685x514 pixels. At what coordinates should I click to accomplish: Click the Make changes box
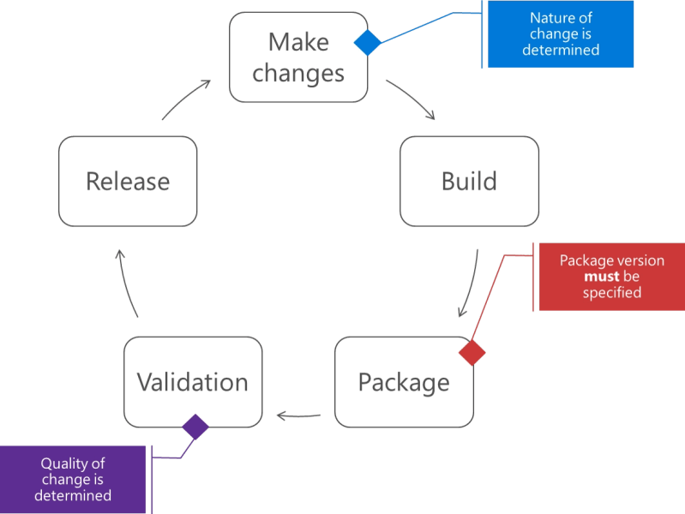click(298, 57)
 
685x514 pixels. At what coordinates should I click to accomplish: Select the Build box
click(469, 182)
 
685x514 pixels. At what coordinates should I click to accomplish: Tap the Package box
click(404, 382)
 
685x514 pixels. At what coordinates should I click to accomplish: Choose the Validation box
click(193, 382)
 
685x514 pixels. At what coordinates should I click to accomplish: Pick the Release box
click(128, 182)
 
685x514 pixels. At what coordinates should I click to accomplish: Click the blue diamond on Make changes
click(367, 42)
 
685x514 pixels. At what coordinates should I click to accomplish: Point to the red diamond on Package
click(472, 352)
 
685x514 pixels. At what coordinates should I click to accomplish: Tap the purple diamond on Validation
click(195, 427)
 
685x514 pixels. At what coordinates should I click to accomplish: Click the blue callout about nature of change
click(561, 34)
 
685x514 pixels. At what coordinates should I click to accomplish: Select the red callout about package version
click(611, 277)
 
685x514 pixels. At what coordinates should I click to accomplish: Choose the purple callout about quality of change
click(73, 480)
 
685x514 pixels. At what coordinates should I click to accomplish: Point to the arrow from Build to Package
click(470, 284)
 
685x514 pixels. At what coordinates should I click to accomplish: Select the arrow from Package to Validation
click(298, 416)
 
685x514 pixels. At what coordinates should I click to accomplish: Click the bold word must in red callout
click(601, 277)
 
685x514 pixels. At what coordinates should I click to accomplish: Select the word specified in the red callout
click(611, 293)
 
